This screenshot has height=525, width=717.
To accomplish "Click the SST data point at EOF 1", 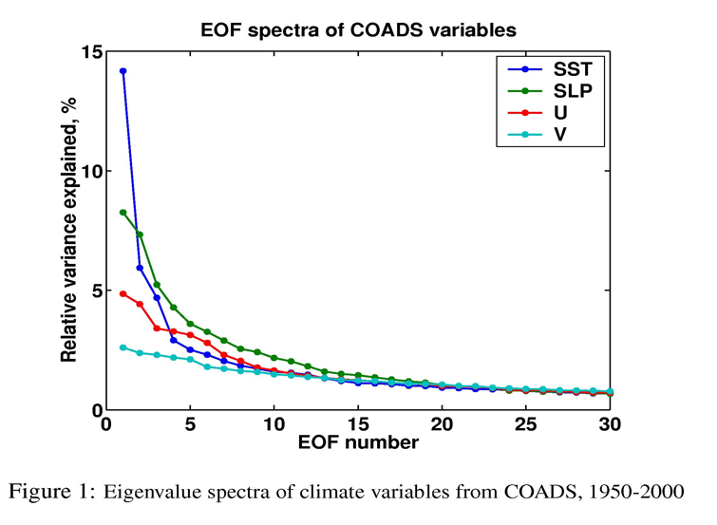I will point(123,71).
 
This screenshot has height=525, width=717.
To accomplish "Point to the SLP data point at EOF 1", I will point(123,213).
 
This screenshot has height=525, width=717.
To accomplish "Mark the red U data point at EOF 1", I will point(123,294).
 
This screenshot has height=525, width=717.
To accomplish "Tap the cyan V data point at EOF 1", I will point(123,347).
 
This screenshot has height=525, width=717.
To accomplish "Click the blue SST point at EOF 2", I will point(140,268).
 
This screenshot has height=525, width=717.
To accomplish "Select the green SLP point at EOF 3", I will point(157,285).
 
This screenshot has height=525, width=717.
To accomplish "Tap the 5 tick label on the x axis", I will point(190,426).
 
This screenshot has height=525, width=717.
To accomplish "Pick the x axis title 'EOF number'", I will point(358,444).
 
